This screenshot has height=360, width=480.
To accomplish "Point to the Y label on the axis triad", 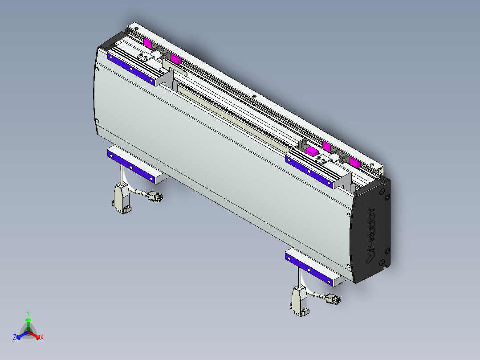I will pos(28,313).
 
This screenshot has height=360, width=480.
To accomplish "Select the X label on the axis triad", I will pos(42,338).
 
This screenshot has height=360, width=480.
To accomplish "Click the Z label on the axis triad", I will pos(15,338).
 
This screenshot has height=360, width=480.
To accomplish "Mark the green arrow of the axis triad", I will pos(28,323).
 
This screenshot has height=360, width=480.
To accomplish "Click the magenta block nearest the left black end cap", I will pos(148,43).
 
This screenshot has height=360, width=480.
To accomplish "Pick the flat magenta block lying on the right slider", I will pos(312,151).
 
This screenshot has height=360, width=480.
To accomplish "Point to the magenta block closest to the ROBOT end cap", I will pos(355,161).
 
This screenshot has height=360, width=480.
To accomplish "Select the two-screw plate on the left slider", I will pos(145,56).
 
